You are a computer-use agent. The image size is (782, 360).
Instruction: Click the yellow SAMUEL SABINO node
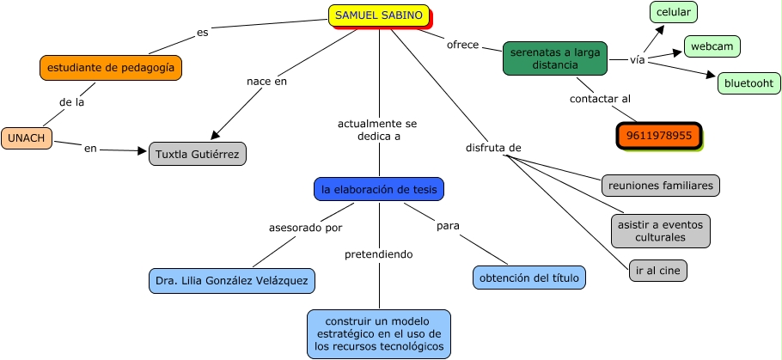coord(379,15)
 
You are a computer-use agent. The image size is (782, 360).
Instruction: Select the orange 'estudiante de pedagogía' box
coord(111,67)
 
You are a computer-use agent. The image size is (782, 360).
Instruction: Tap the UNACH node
coord(27,137)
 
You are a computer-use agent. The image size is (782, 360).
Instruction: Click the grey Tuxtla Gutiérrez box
coord(198,154)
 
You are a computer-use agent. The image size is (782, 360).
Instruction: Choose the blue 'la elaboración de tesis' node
coord(379,189)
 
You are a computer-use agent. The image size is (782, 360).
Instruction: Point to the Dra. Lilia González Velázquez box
coord(231,280)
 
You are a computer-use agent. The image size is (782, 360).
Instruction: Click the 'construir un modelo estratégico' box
coord(379,333)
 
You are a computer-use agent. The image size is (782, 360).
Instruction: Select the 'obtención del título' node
coord(529,277)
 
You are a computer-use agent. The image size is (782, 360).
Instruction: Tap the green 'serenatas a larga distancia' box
coord(555,58)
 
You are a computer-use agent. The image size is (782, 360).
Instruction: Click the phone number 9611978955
coord(659,136)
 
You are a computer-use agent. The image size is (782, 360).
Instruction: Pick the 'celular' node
coord(674,12)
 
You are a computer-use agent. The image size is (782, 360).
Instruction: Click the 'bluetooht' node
coord(748,83)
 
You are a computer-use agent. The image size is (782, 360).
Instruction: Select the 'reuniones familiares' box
coord(660,185)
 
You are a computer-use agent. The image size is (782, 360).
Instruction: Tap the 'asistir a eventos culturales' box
coord(661,230)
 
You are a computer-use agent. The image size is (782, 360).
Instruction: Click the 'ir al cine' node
coord(658,271)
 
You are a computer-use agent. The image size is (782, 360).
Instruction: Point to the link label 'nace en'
coord(266,82)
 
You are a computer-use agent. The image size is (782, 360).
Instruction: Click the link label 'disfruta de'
coord(493,148)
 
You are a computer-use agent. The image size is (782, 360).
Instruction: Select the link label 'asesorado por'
coord(305,228)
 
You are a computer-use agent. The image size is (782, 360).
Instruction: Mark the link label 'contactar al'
coord(600,99)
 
